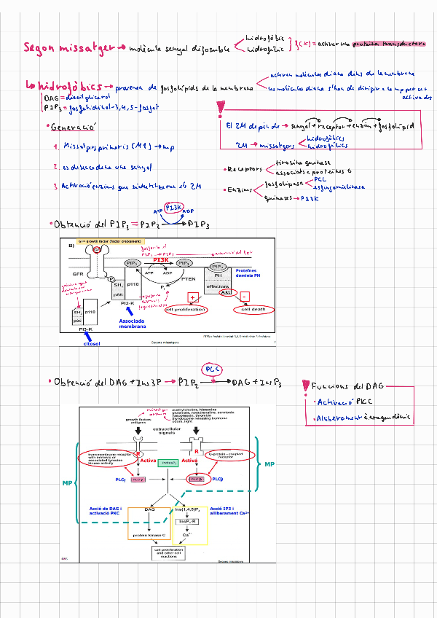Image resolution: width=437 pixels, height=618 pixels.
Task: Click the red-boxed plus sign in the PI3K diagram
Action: [194, 297]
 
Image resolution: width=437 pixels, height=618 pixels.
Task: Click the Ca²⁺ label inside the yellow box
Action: [186, 534]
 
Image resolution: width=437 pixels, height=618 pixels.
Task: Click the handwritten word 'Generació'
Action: [75, 127]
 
